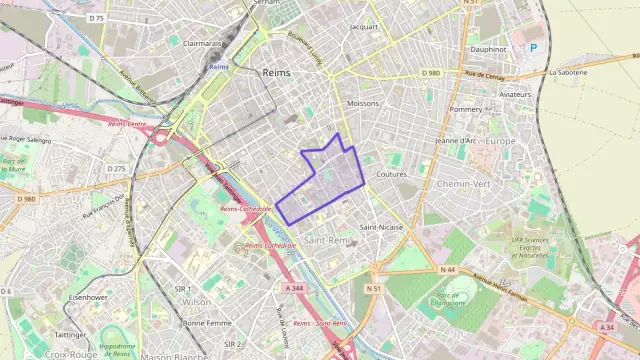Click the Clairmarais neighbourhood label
tap(202, 44)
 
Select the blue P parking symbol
tap(533, 48)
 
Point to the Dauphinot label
tap(489, 48)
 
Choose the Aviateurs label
tap(516, 93)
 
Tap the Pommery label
tap(466, 109)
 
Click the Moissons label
tap(362, 103)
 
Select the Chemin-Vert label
tap(465, 184)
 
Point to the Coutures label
tap(391, 174)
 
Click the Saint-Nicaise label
tap(382, 227)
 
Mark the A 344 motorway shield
tap(295, 287)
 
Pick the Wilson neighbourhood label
tap(197, 301)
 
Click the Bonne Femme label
tap(207, 323)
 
